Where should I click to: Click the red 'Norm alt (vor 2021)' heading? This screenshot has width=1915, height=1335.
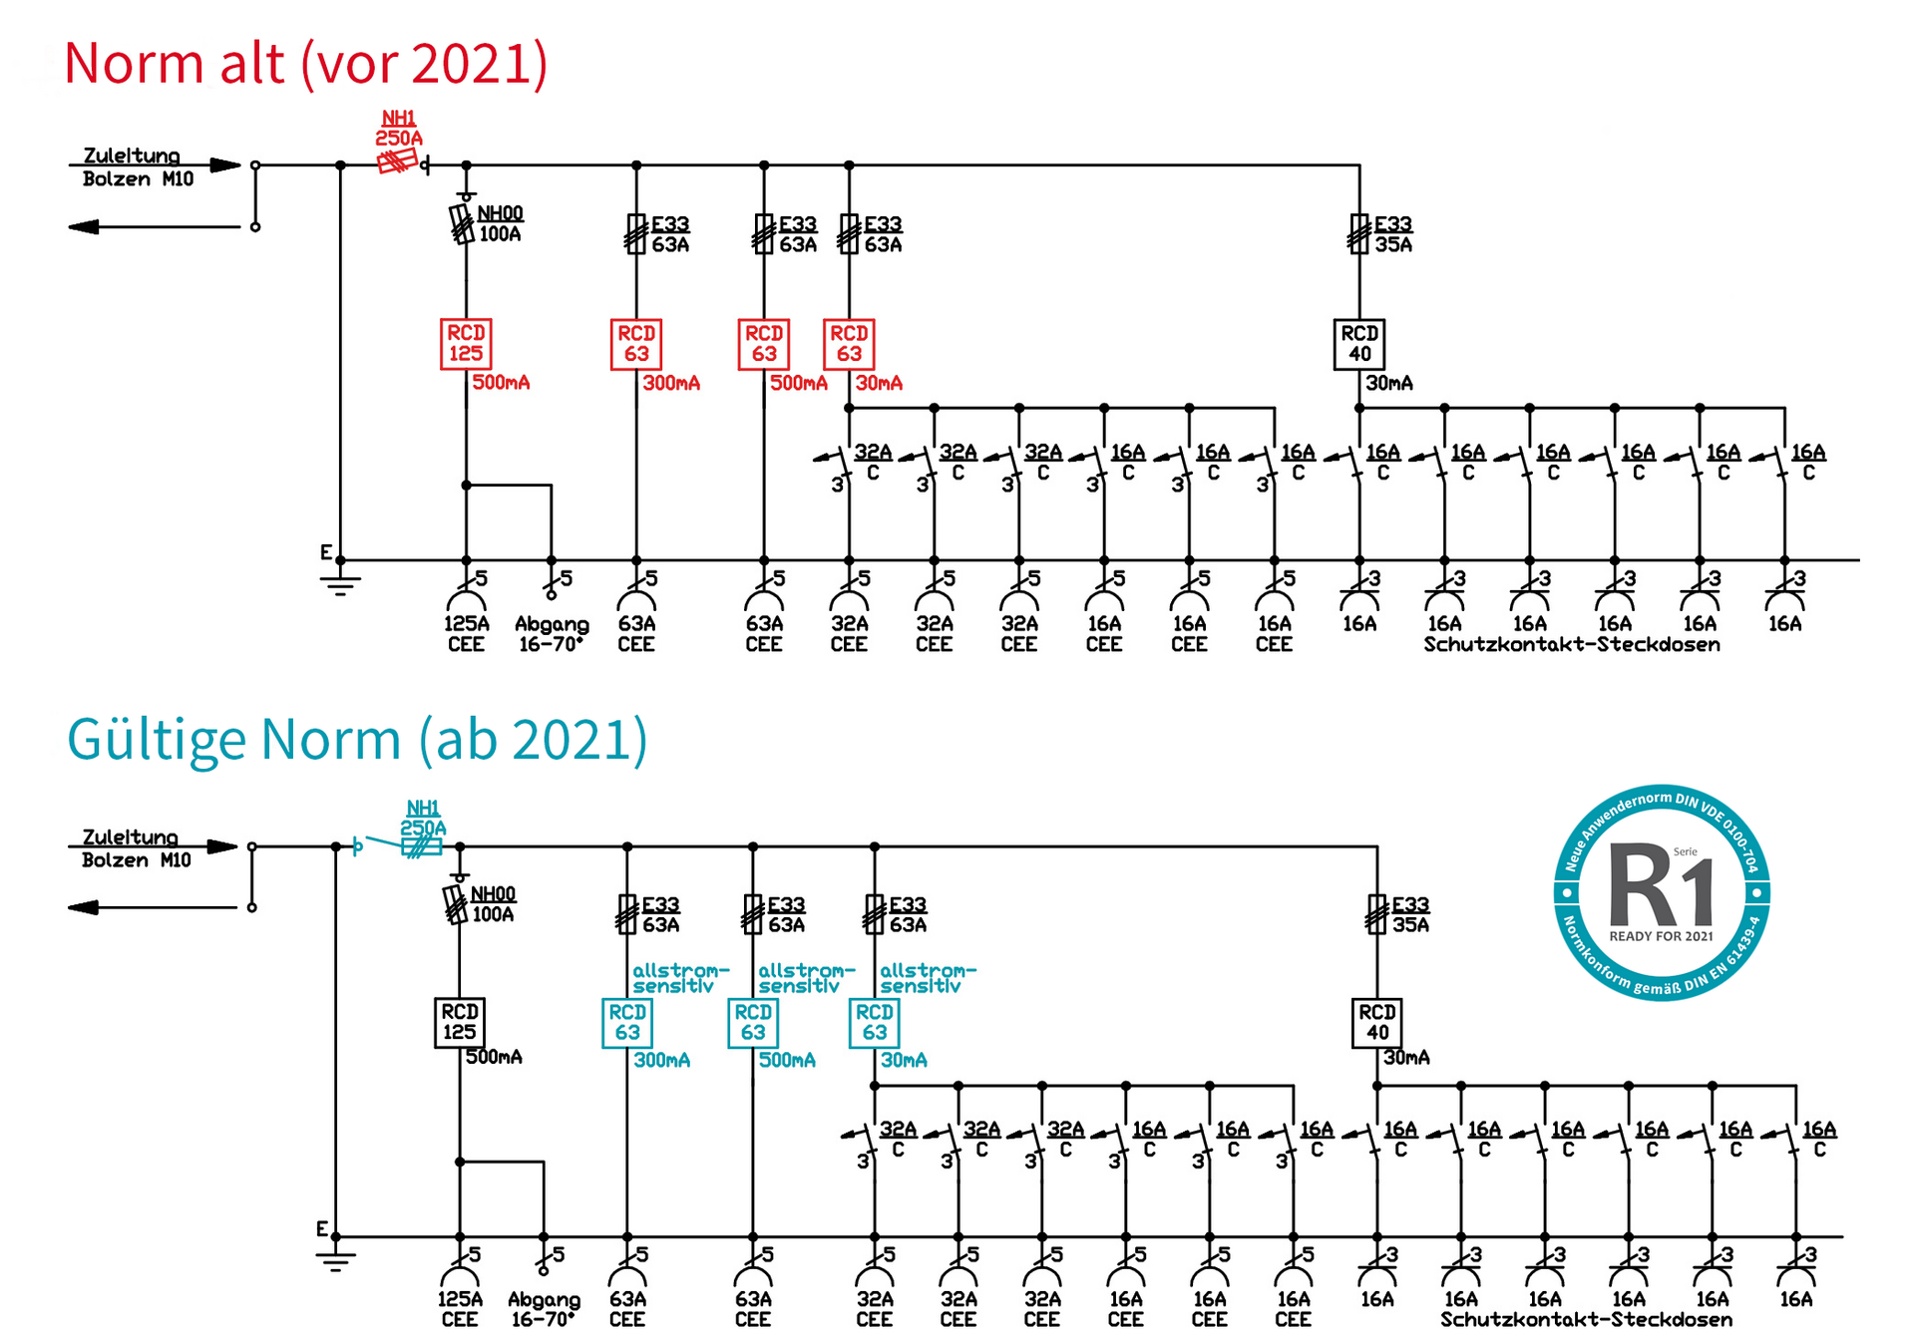click(x=305, y=63)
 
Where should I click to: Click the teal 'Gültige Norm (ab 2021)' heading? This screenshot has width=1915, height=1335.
click(x=357, y=739)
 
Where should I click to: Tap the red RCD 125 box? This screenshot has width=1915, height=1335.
click(x=466, y=344)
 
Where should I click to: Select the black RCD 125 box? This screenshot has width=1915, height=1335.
click(x=459, y=1022)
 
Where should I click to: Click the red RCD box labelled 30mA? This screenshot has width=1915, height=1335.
click(x=849, y=344)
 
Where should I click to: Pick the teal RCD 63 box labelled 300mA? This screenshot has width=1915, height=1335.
click(x=627, y=1023)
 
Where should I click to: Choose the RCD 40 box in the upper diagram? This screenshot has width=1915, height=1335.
click(x=1359, y=344)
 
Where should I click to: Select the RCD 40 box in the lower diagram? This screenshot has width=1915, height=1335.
click(x=1377, y=1023)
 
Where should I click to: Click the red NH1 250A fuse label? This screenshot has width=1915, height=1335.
click(x=399, y=129)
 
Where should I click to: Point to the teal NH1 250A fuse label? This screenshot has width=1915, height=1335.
click(x=423, y=819)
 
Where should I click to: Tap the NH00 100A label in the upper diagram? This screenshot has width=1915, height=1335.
click(x=500, y=224)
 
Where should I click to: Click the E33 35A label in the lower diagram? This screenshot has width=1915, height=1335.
click(x=1410, y=915)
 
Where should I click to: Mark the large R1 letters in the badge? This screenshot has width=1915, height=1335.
click(x=1661, y=886)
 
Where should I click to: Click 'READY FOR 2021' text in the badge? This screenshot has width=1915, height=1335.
click(x=1661, y=936)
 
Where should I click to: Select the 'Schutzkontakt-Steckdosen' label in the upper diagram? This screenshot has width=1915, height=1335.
click(x=1572, y=645)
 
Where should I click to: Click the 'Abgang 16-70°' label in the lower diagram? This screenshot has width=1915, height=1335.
click(x=544, y=1309)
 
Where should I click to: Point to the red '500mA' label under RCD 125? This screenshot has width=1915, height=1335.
click(x=501, y=383)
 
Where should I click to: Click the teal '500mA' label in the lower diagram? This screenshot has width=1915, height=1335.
click(x=787, y=1060)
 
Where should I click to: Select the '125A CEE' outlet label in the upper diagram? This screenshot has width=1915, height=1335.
click(x=466, y=634)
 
